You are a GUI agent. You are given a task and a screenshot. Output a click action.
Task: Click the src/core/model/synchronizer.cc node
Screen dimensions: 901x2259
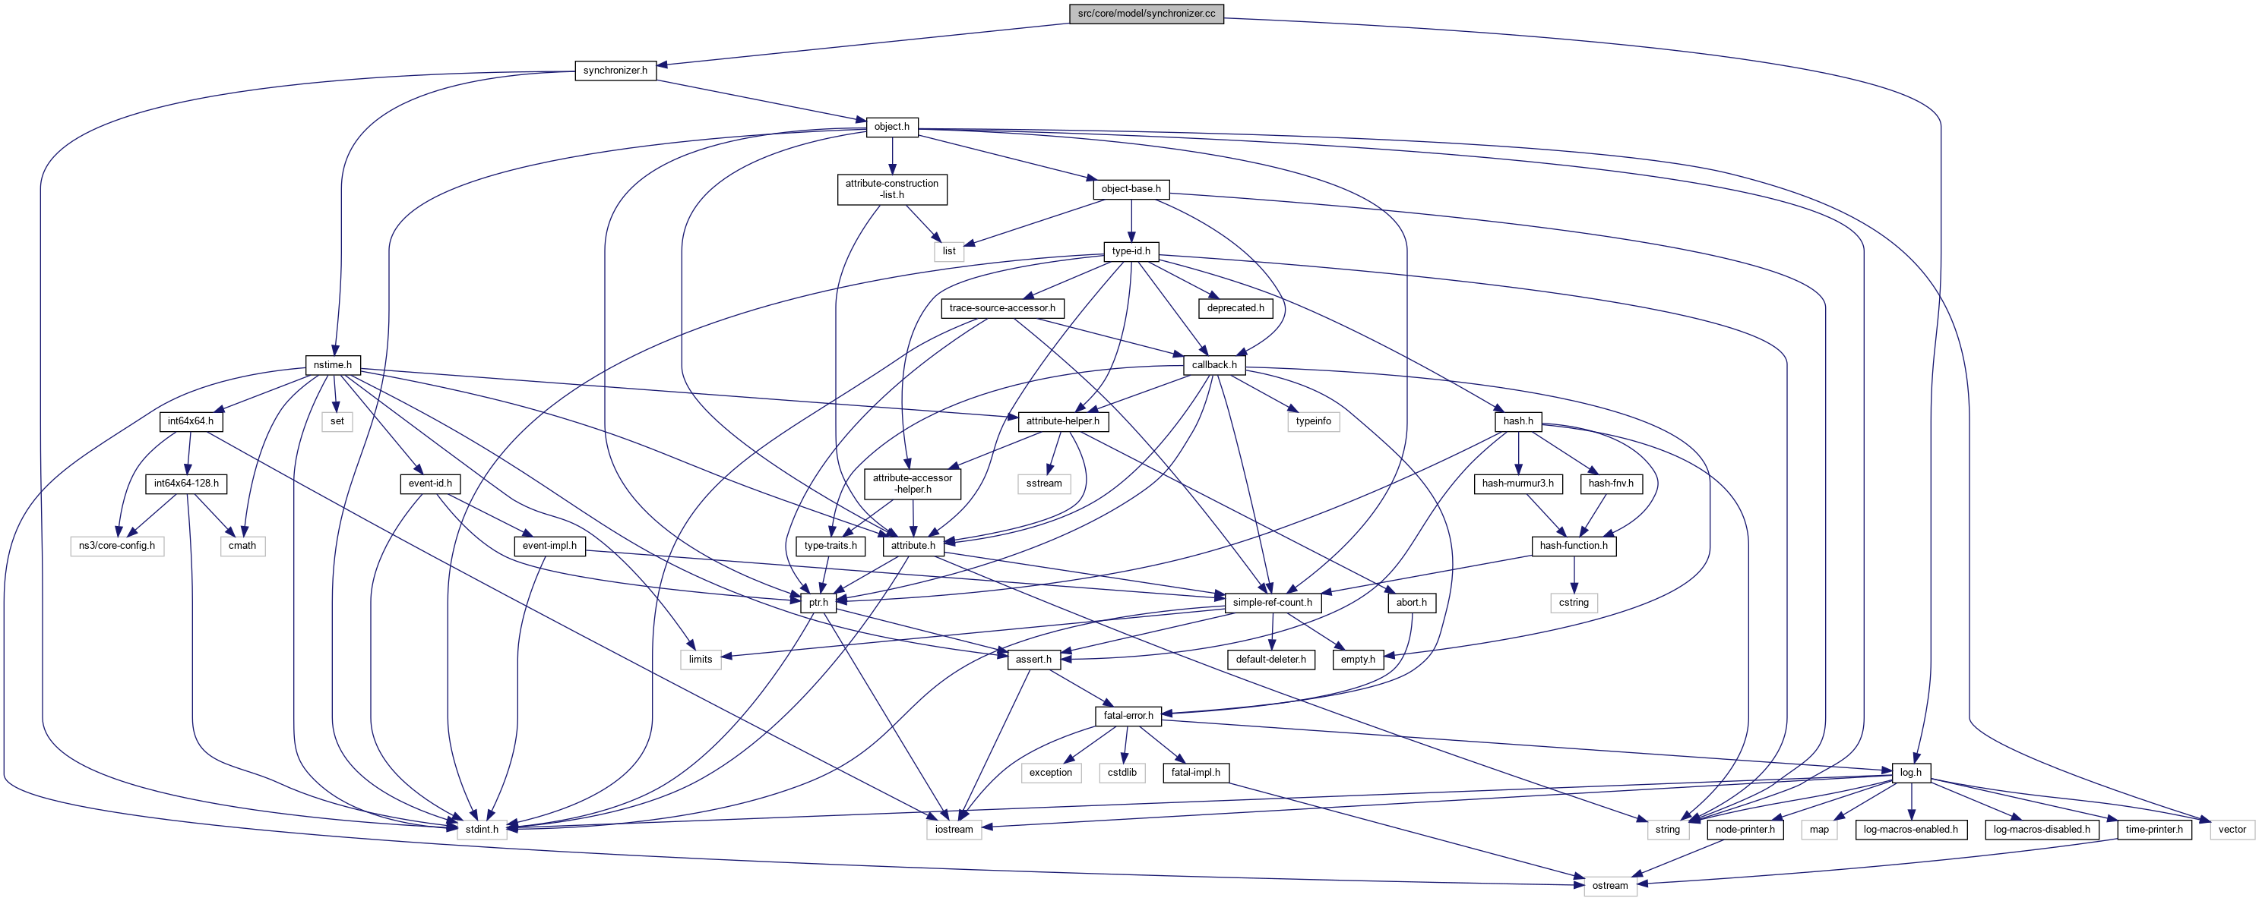[x=1146, y=14]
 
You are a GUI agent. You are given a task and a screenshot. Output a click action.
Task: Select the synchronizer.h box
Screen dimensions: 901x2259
[x=615, y=70]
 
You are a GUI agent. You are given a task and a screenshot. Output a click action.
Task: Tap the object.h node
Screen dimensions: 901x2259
[x=892, y=127]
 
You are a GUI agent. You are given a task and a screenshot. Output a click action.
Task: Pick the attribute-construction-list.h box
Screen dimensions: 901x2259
[x=892, y=189]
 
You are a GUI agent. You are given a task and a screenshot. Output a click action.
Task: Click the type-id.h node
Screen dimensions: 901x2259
[x=1131, y=251]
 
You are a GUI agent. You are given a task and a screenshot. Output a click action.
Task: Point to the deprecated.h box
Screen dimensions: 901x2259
[x=1235, y=308]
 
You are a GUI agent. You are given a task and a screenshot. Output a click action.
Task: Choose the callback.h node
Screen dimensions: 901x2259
[x=1213, y=365]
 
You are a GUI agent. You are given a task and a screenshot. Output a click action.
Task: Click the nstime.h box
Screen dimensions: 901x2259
[x=332, y=365]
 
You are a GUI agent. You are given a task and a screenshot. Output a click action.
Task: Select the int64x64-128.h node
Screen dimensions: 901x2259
[x=187, y=484]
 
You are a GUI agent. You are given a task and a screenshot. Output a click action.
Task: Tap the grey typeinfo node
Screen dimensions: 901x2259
[x=1313, y=421]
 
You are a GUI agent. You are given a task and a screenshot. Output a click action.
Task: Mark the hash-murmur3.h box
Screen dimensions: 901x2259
[x=1517, y=484]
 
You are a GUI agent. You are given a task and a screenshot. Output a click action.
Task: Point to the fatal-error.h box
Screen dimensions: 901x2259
[x=1128, y=716]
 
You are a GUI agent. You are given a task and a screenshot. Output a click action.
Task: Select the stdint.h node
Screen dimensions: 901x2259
[x=482, y=830]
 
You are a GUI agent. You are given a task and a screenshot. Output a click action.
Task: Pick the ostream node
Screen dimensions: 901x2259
[x=1609, y=886]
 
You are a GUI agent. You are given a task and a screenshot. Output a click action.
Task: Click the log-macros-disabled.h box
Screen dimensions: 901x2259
[x=2042, y=830]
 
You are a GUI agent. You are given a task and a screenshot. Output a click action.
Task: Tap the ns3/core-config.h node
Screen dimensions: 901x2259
[x=116, y=546]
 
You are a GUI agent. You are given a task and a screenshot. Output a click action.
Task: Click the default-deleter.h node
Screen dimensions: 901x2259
[x=1270, y=660]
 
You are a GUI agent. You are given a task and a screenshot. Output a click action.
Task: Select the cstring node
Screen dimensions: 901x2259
[x=1573, y=603]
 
